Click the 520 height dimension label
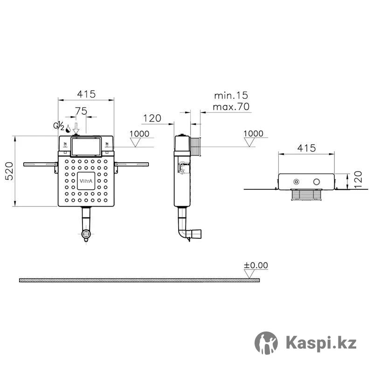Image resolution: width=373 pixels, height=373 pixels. coord(9,171)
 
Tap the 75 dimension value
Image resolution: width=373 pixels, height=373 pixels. coord(81,111)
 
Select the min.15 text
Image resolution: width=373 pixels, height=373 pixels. coord(231,96)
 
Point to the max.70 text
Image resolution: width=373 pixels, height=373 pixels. coord(231,107)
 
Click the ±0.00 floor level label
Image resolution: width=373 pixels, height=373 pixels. coord(256,265)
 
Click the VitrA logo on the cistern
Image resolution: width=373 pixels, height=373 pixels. coord(86,181)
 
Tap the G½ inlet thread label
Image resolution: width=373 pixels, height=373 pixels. coord(59,126)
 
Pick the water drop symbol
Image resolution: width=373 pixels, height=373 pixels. coord(68,129)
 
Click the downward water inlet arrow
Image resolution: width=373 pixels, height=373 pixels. coord(76,128)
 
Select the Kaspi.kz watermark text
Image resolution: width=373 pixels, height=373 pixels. coord(321,343)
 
